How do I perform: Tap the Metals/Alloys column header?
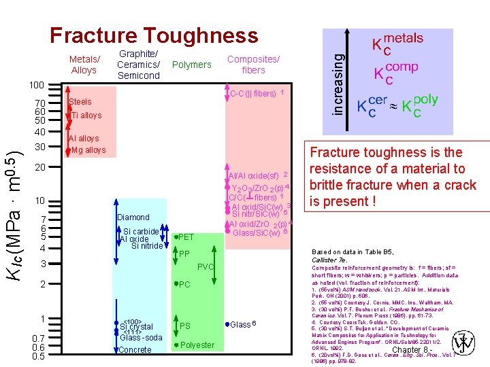point(84,65)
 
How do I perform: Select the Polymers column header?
point(192,65)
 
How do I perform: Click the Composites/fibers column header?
point(253,65)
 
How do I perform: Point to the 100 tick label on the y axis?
point(37,86)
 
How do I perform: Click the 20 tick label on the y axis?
point(39,167)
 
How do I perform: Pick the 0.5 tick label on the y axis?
point(39,355)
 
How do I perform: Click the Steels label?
point(80,103)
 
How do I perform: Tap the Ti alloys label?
point(86,116)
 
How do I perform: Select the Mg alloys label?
point(88,150)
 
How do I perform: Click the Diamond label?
point(133,217)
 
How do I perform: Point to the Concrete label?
point(135,350)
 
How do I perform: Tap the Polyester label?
point(197,345)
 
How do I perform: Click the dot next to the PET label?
point(176,237)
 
